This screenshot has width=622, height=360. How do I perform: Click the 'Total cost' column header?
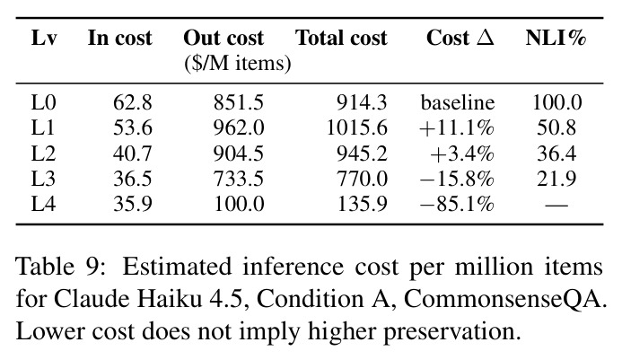341,38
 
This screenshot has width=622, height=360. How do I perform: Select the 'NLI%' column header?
556,38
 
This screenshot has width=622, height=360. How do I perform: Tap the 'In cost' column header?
119,38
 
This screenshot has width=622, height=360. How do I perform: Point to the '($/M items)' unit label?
238,63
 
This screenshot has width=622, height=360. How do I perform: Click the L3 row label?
43,179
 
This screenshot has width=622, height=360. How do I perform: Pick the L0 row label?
43,102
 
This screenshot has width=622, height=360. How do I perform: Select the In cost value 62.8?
133,102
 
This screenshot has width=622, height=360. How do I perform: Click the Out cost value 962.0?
239,127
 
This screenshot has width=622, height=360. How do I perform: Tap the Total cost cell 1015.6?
356,127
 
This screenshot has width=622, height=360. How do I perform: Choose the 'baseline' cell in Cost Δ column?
458,102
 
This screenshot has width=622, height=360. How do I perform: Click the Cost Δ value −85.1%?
457,204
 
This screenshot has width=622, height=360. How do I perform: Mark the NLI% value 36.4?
556,154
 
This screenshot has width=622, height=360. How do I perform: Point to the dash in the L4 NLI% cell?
556,206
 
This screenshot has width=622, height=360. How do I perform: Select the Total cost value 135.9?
362,204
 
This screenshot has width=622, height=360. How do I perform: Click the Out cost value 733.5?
239,179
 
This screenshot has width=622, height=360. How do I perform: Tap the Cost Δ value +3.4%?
462,154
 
